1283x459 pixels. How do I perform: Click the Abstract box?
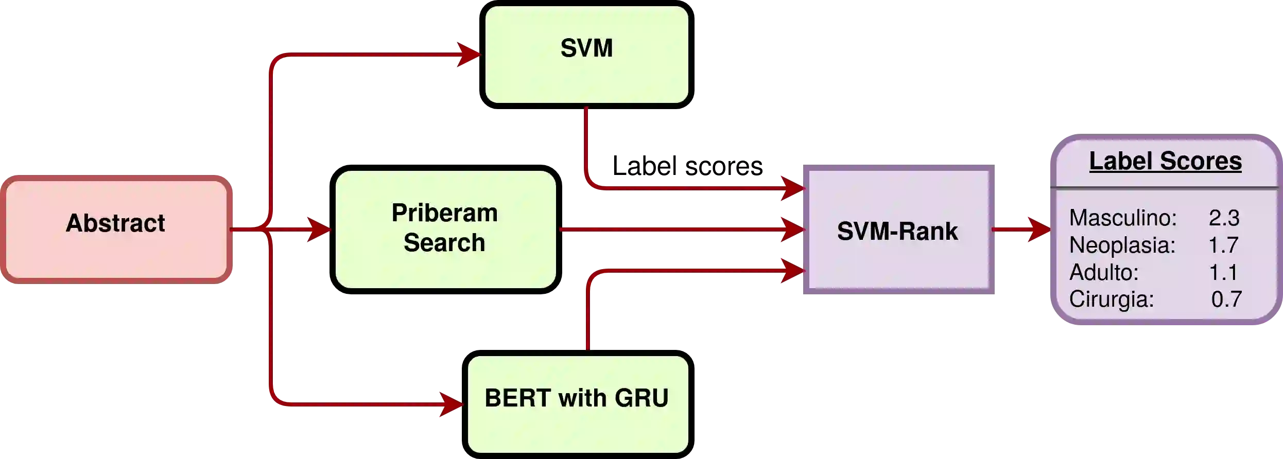tap(116, 229)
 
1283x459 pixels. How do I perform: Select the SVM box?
tap(586, 55)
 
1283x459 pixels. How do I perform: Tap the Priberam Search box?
tap(445, 229)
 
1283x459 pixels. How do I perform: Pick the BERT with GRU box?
tap(578, 404)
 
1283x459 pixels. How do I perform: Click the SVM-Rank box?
tap(899, 231)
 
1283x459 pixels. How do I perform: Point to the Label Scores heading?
tap(1165, 161)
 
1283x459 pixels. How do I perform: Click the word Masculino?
tap(1122, 218)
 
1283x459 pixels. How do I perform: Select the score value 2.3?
tap(1224, 218)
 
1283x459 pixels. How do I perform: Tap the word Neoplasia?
tap(1122, 245)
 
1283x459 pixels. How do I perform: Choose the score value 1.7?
tap(1223, 245)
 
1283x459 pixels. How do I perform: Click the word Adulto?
tap(1104, 273)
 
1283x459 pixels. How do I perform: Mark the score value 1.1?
tap(1223, 273)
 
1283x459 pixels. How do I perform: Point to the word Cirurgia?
tap(1111, 299)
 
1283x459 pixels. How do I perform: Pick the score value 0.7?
tap(1226, 299)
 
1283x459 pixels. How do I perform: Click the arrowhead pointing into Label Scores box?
tap(1038, 229)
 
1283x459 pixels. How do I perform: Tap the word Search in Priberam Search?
tap(444, 243)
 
